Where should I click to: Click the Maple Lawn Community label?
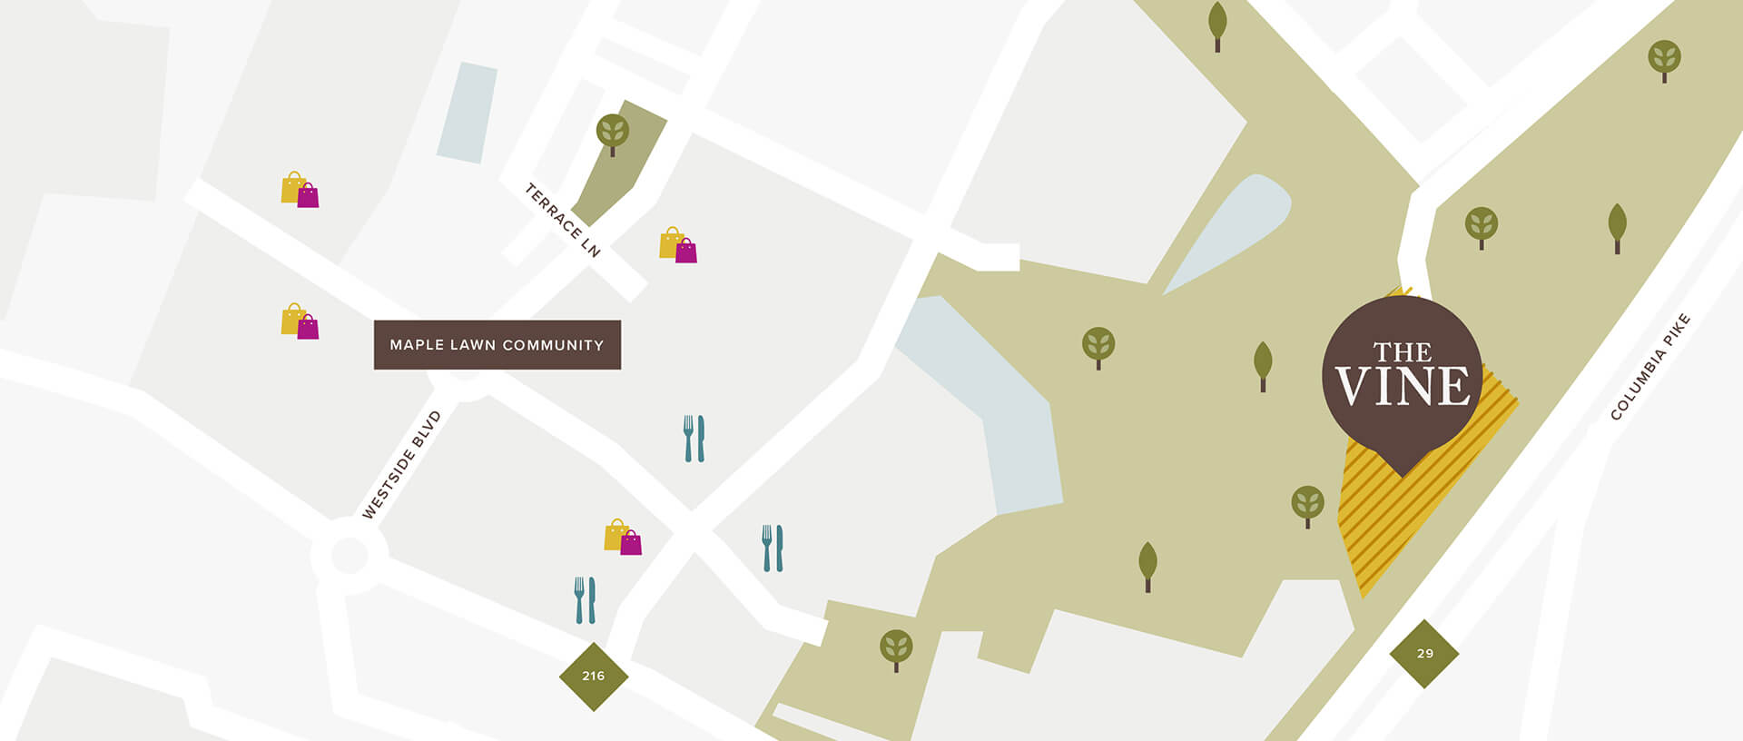coord(497,345)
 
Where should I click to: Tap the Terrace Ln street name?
coord(563,221)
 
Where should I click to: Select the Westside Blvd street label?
coord(401,465)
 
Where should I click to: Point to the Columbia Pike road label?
coord(1649,367)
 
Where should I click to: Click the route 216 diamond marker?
coord(594,677)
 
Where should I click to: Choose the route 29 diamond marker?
coord(1424,654)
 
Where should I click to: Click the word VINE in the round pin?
coord(1403,387)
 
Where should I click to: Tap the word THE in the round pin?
coord(1403,351)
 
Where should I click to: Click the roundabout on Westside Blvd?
coord(350,555)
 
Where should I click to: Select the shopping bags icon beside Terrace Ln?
coord(677,245)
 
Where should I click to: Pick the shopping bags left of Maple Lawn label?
coord(300,321)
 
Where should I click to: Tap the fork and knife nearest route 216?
coord(585,600)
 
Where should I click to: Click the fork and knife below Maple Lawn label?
coord(694,439)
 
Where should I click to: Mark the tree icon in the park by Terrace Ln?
coord(613,133)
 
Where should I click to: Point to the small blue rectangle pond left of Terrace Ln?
coord(468,113)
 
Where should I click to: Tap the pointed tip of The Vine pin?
coord(1403,475)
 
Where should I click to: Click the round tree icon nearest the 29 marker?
coord(1307,504)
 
